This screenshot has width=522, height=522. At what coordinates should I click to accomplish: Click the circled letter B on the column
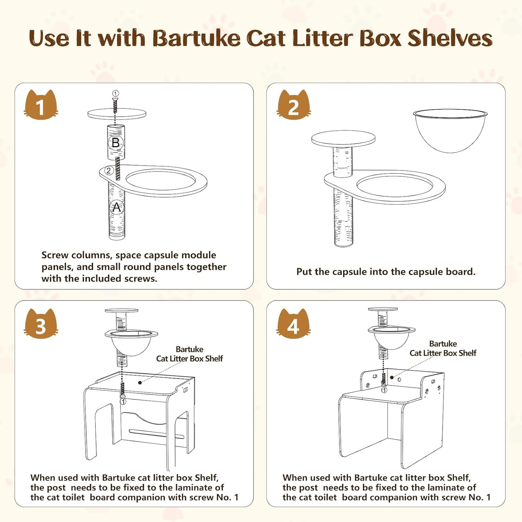(x=116, y=142)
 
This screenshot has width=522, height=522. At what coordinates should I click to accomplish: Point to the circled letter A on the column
(x=116, y=207)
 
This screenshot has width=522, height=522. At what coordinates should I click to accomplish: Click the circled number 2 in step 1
(x=109, y=171)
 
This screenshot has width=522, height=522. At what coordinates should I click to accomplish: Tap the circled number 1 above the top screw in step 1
(x=115, y=94)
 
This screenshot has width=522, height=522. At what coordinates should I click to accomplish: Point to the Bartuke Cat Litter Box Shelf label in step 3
(x=189, y=354)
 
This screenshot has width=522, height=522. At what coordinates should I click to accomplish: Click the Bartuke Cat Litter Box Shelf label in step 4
(x=443, y=348)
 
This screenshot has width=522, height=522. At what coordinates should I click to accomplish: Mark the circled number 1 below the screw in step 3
(x=123, y=401)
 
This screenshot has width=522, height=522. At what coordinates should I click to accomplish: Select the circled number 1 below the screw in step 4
(x=384, y=390)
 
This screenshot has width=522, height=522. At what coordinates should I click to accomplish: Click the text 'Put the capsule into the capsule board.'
(x=386, y=271)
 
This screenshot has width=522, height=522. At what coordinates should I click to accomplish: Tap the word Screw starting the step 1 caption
(x=55, y=255)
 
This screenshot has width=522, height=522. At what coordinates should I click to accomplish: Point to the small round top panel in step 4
(x=383, y=309)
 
